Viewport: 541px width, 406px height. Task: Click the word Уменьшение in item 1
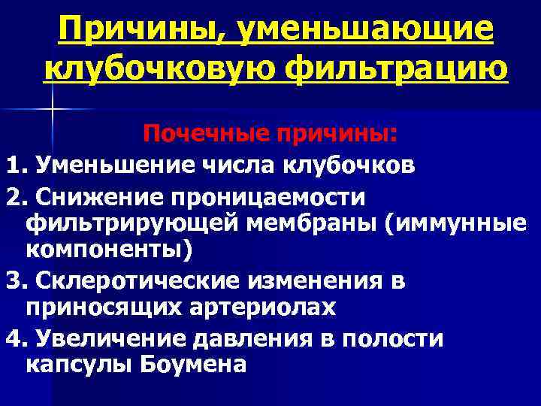click(105, 164)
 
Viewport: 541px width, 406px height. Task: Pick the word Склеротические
click(124, 282)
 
